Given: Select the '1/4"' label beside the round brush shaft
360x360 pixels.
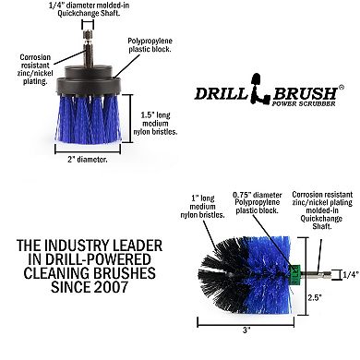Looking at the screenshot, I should click(x=348, y=273).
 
